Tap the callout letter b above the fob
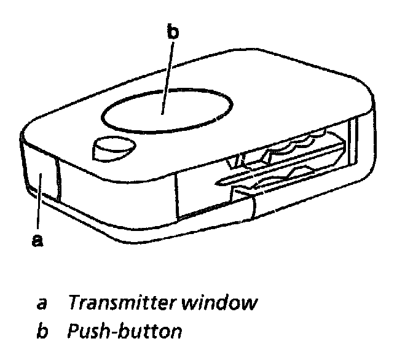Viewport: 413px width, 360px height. click(173, 33)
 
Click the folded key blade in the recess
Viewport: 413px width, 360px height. click(289, 163)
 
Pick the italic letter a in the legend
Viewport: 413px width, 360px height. click(41, 303)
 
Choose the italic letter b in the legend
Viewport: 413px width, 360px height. click(42, 332)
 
